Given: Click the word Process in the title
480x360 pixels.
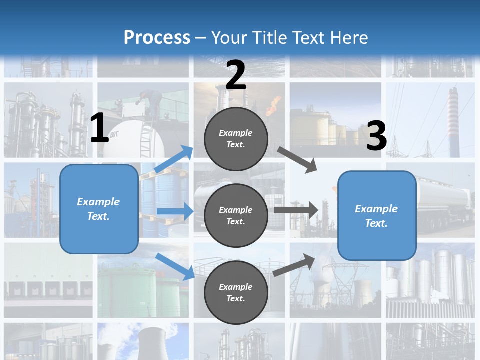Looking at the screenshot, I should [x=157, y=37].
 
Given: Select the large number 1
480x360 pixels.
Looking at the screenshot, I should [x=99, y=128].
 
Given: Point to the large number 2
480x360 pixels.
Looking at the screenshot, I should [x=236, y=75].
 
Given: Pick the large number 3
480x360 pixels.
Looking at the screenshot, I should [x=376, y=136].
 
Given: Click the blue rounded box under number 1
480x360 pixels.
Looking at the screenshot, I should [x=99, y=209].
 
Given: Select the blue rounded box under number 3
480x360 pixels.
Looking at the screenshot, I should [x=377, y=215].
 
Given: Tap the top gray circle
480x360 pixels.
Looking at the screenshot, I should [x=236, y=139].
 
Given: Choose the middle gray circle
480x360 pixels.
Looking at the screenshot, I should [x=236, y=215].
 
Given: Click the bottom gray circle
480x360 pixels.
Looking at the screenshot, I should [x=236, y=292].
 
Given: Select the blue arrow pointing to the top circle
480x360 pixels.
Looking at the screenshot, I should [x=174, y=159].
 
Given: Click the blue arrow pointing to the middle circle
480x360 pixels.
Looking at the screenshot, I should [x=175, y=211].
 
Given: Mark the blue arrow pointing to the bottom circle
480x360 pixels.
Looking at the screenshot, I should [x=175, y=266].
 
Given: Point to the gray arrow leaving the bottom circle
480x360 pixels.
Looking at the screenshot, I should [x=294, y=265].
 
